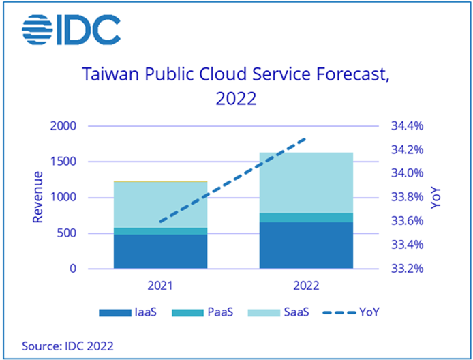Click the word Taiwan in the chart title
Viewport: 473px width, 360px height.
pos(108,74)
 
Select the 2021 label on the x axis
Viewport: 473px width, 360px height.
pos(161,285)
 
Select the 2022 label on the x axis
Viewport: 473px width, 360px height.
pos(306,285)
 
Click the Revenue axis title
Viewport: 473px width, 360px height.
pos(37,197)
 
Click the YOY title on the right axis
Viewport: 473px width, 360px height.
pos(437,197)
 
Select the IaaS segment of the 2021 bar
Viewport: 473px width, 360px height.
pos(161,252)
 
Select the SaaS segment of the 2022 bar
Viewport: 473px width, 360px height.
pos(306,183)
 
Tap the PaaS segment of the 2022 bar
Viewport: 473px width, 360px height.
pos(306,217)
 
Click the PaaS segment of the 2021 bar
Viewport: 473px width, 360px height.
pos(161,231)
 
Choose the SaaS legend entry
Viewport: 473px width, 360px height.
pos(283,313)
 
